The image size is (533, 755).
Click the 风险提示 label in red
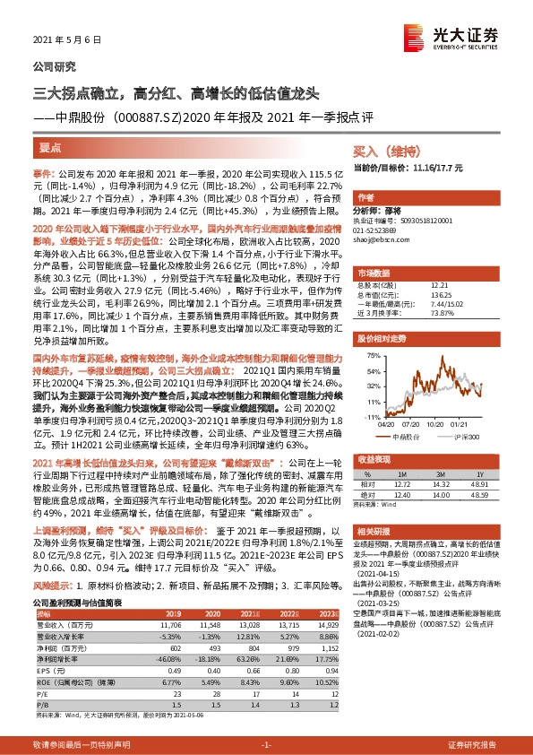(x=52, y=585)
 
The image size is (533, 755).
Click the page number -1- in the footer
(x=266, y=745)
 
